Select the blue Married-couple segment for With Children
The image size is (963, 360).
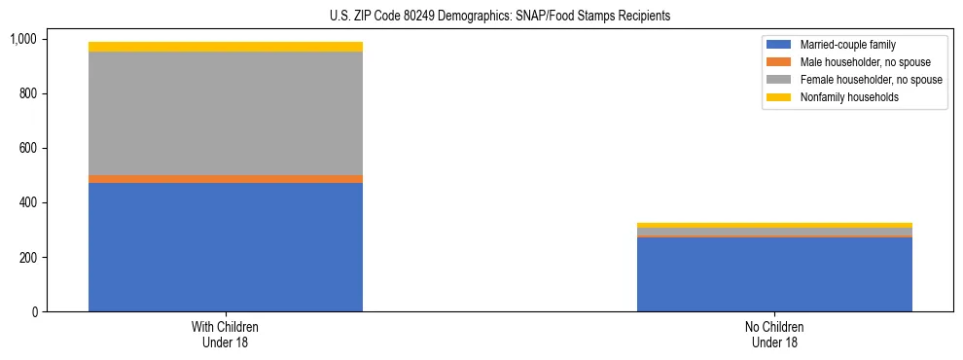point(226,247)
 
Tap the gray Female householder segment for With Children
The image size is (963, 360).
point(226,113)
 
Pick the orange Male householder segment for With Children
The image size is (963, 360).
point(226,179)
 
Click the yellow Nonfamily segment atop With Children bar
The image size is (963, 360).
point(226,47)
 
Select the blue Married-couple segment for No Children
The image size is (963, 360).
point(774,274)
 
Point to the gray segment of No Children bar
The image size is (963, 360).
point(774,232)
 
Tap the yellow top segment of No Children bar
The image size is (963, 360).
point(774,225)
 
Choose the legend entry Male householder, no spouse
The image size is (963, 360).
point(857,62)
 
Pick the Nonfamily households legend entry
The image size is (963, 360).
point(842,97)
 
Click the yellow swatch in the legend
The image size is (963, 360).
point(780,97)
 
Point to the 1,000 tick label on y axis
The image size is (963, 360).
point(23,39)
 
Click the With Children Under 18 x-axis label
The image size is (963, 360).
point(226,334)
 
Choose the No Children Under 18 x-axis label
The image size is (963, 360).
point(774,334)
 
